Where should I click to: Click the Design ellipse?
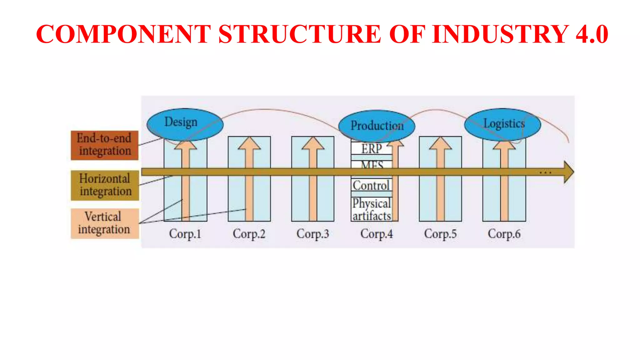point(185,124)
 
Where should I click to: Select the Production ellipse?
point(377,126)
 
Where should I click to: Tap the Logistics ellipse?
point(502,124)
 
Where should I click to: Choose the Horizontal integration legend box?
point(105,185)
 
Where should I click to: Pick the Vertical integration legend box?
point(105,223)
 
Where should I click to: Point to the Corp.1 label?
point(185,234)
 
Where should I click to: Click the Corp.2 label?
point(249,234)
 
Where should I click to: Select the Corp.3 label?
point(313,234)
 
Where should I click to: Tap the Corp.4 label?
point(377,234)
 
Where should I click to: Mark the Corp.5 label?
point(440,234)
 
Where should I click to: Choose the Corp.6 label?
point(504,234)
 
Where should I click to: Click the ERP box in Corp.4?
point(371,148)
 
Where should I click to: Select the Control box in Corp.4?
point(371,185)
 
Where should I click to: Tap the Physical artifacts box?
point(372,209)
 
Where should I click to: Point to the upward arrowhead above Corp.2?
point(249,144)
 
